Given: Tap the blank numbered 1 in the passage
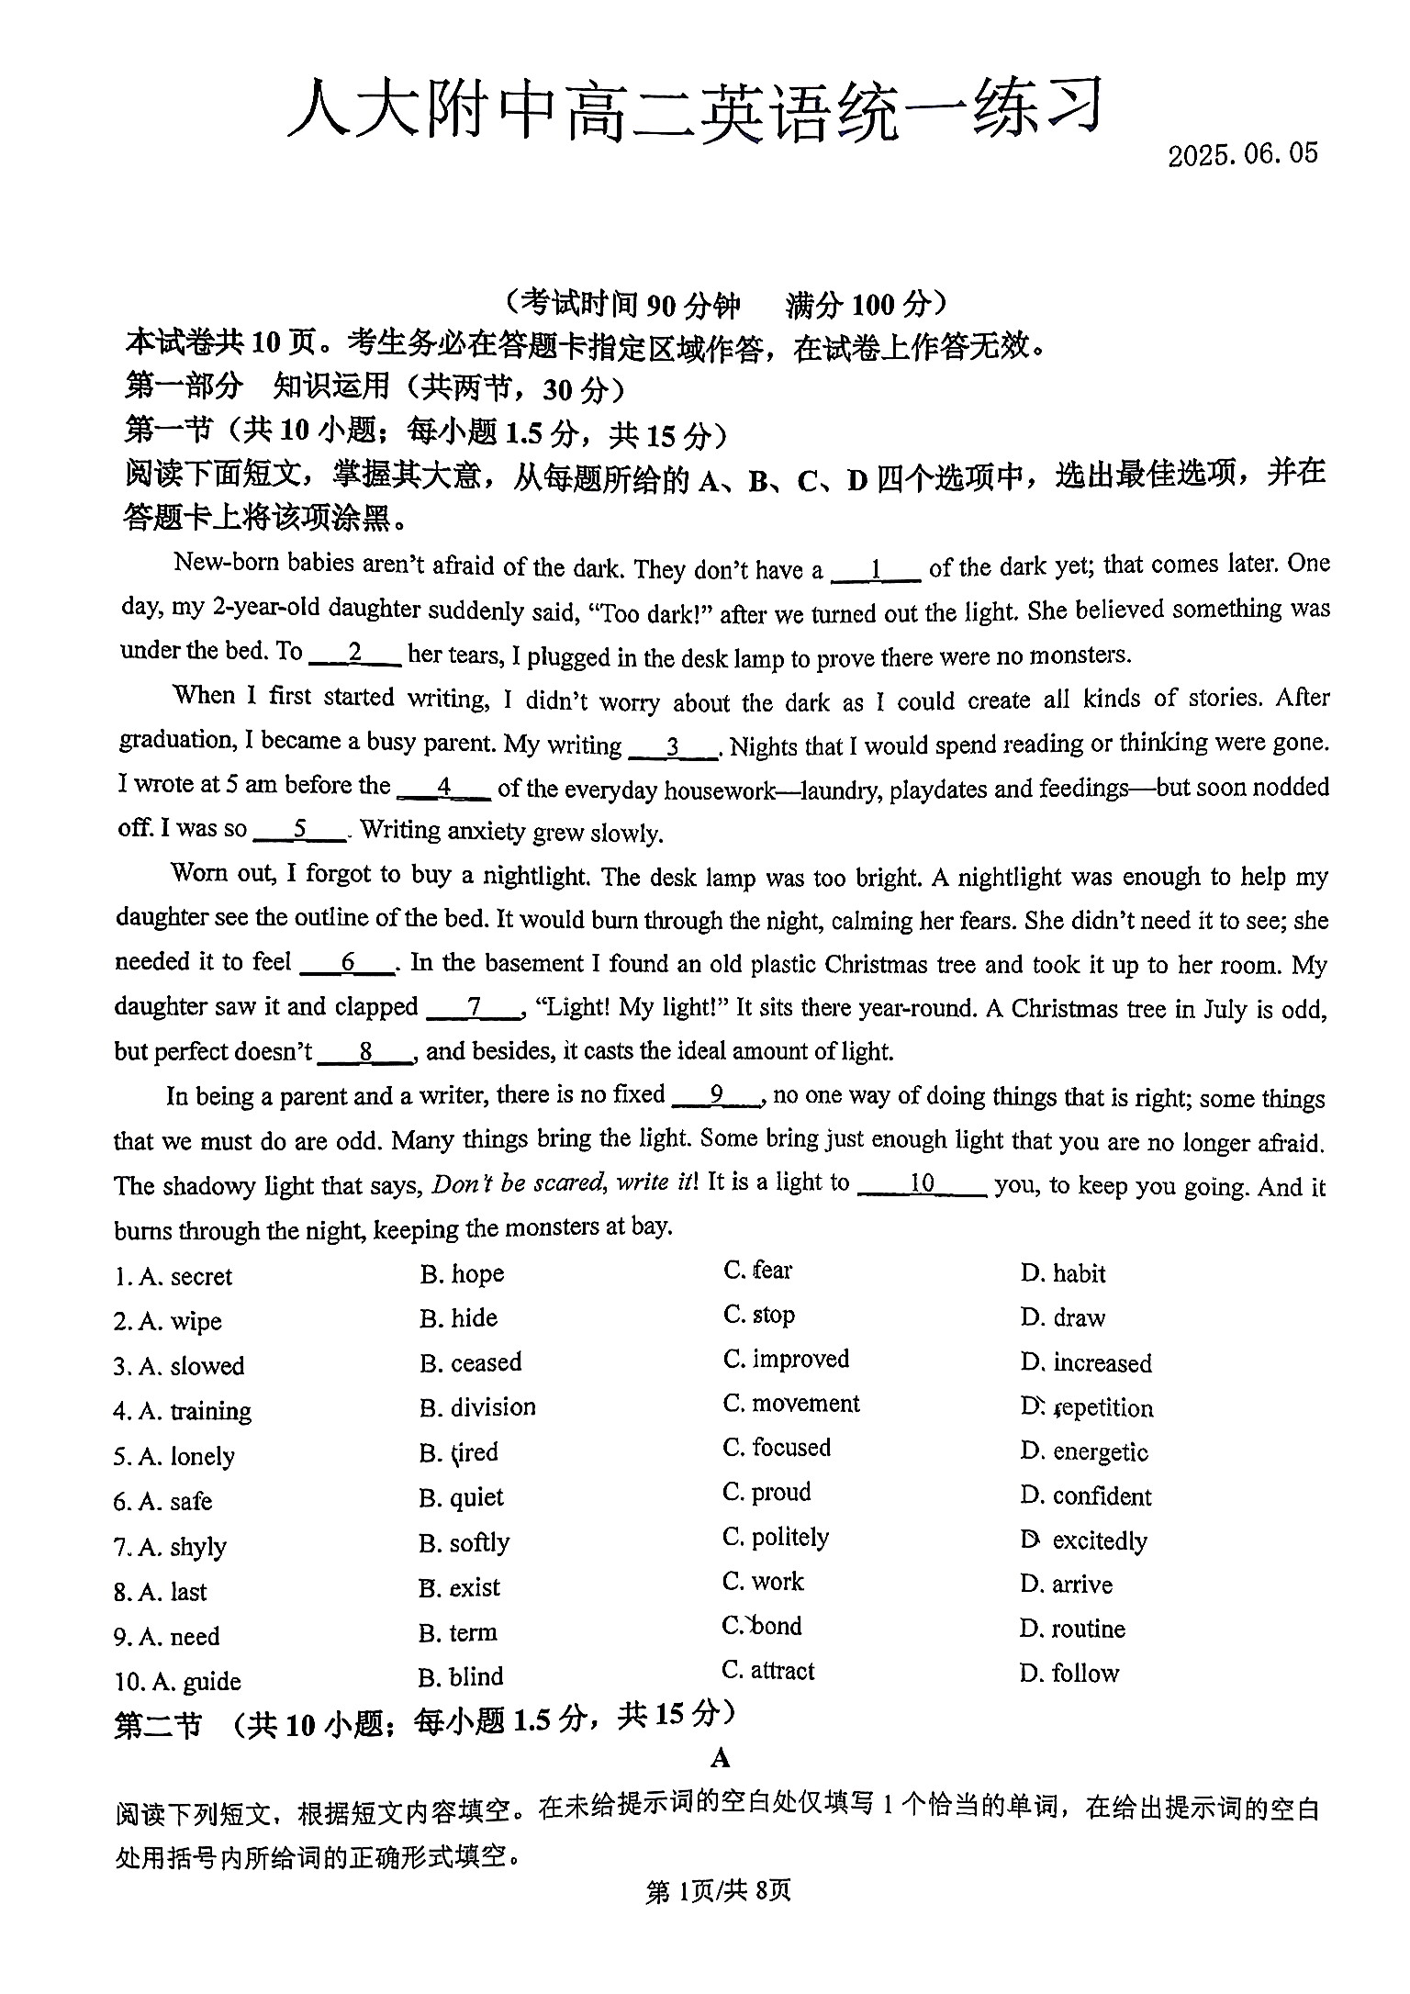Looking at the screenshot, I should coord(875,570).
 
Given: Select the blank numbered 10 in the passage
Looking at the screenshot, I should coord(921,1184).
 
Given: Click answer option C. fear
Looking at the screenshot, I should coord(757,1271).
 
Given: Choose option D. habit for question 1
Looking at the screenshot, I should coord(1063,1273).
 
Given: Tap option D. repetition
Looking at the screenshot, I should coord(1087,1407).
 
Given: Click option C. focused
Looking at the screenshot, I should coord(777,1448).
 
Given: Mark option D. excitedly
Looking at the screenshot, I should coord(1084,1540).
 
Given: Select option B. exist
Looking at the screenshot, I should coord(460,1587).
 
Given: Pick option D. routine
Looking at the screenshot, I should coord(1072,1629).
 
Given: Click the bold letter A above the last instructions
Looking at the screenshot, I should coord(721,1758).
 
